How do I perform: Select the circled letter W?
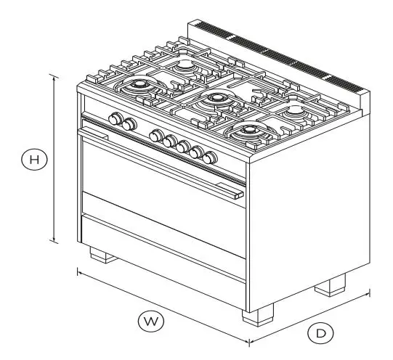152,319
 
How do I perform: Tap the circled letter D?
319,333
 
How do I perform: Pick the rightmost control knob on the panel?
211,157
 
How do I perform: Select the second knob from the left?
129,125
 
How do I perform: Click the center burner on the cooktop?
216,99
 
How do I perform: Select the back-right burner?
296,111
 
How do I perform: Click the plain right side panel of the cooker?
305,218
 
